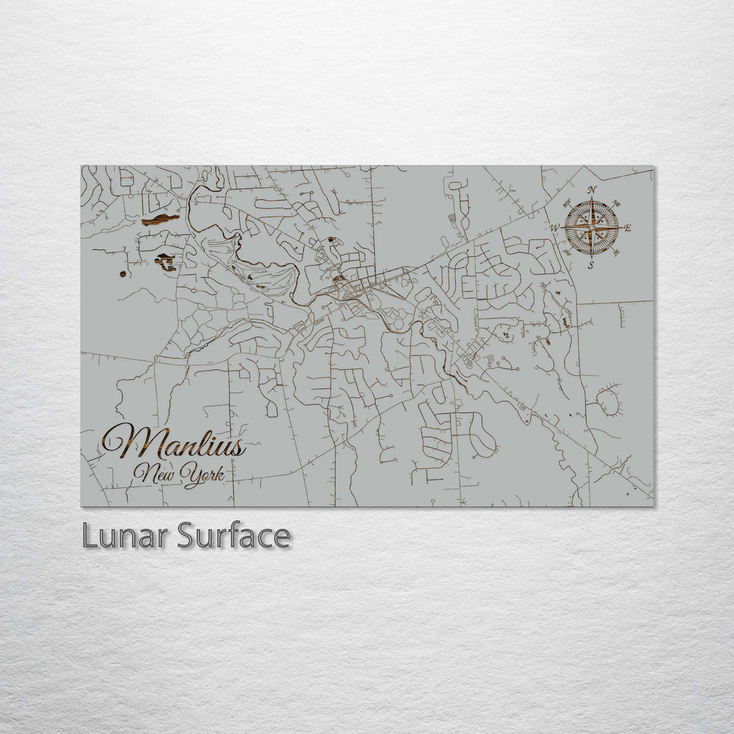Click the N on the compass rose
[592, 190]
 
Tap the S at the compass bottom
[591, 265]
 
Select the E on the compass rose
[627, 228]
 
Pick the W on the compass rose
[555, 228]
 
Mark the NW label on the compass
[566, 202]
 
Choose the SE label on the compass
[616, 254]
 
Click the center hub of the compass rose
[591, 228]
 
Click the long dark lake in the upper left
[160, 220]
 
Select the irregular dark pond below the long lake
[165, 261]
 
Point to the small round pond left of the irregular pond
[122, 273]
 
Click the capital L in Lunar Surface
[89, 536]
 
